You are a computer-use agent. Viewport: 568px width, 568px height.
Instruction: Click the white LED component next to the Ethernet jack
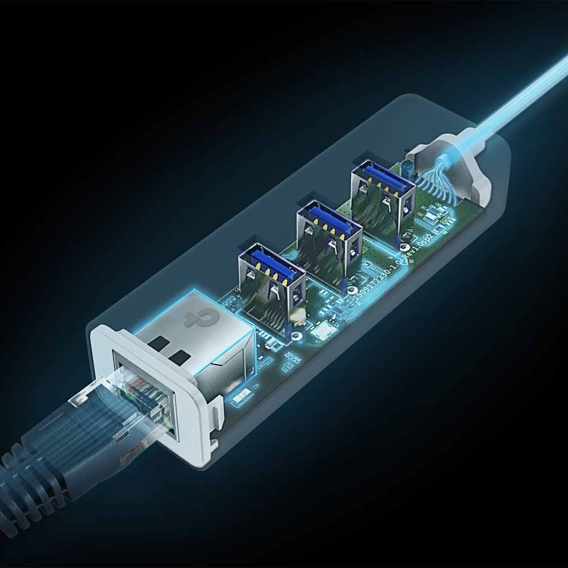click(241, 397)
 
